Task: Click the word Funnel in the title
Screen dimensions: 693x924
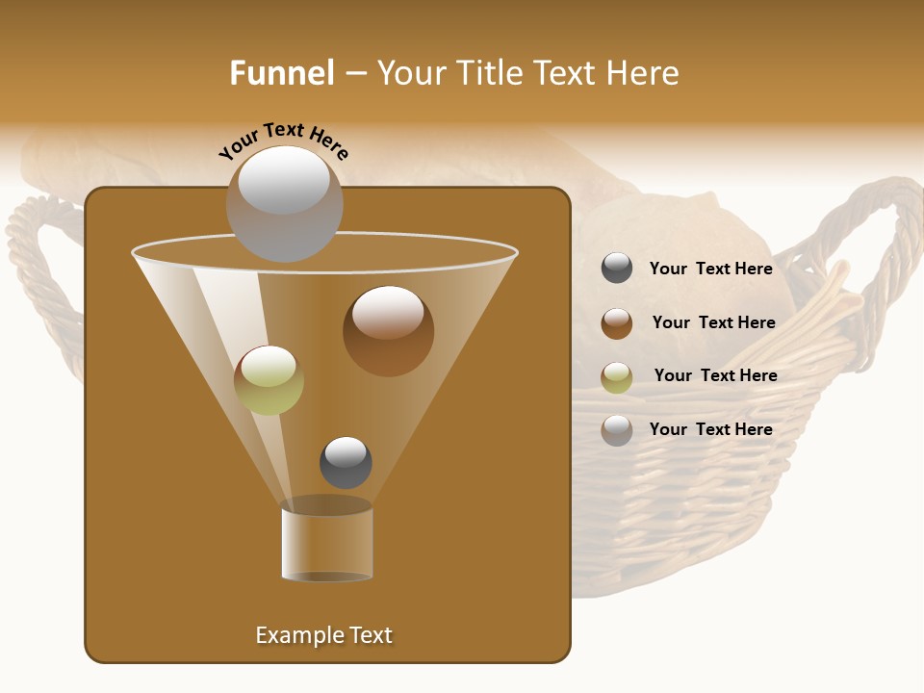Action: coord(281,73)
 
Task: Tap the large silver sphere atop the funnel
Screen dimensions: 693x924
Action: coord(284,204)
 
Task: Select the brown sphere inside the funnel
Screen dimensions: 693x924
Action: coord(388,331)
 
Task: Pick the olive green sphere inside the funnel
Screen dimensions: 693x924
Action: coord(269,380)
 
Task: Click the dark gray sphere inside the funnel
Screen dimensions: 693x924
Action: coord(346,462)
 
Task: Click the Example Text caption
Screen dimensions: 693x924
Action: coord(323,635)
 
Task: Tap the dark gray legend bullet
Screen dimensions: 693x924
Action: coord(617,269)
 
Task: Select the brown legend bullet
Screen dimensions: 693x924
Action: coord(617,323)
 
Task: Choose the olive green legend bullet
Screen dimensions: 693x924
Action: coord(617,376)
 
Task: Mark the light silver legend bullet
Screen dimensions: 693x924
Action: coord(617,430)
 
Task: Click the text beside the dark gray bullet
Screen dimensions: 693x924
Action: coord(710,269)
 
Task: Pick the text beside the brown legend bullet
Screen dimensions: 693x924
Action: coord(713,322)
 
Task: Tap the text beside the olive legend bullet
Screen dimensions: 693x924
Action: coord(715,375)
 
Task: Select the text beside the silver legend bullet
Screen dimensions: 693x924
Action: coord(710,429)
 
